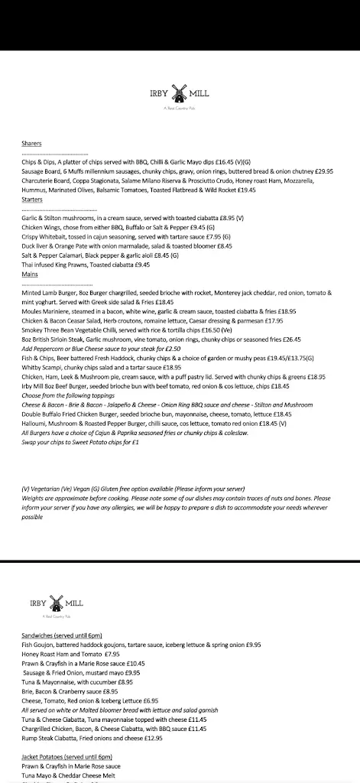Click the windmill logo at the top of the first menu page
point(180,94)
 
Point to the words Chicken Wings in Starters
point(41,227)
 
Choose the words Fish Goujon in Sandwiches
point(40,645)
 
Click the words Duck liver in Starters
point(36,246)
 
